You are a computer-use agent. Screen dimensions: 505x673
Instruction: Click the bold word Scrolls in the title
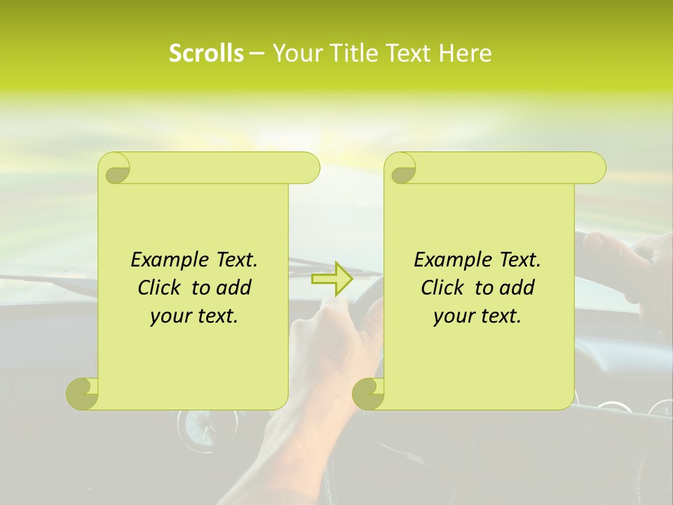pyautogui.click(x=206, y=53)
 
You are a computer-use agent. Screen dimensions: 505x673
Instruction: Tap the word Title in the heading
pyautogui.click(x=346, y=53)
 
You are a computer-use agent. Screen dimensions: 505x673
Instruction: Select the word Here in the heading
pyautogui.click(x=465, y=53)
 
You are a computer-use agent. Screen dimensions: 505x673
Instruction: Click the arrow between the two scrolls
pyautogui.click(x=332, y=279)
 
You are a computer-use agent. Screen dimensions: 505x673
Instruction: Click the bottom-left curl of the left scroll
pyautogui.click(x=83, y=393)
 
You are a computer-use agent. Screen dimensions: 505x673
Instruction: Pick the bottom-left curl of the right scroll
pyautogui.click(x=369, y=393)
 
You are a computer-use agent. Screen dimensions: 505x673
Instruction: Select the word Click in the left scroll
pyautogui.click(x=158, y=288)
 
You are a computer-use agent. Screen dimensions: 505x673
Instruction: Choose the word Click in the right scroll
pyautogui.click(x=441, y=288)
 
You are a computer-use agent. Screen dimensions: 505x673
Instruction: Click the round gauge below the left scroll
pyautogui.click(x=197, y=429)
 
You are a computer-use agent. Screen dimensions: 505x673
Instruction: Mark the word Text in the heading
pyautogui.click(x=407, y=53)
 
